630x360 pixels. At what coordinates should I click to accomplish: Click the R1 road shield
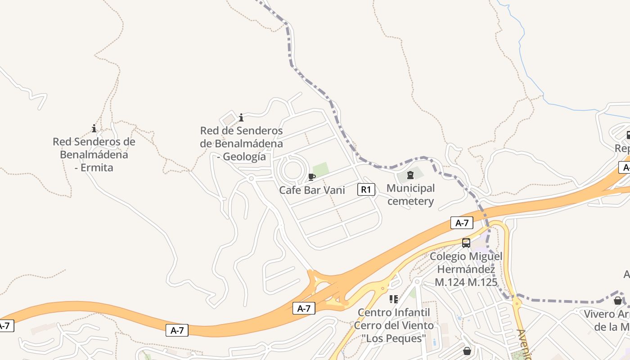(366, 189)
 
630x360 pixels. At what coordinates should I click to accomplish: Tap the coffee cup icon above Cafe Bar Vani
(311, 177)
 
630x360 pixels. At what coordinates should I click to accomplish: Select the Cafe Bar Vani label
(312, 190)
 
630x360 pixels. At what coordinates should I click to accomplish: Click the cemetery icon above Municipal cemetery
(410, 175)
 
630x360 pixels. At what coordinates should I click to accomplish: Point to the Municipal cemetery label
(410, 194)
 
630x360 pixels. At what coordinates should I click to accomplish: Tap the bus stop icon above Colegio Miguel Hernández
(466, 243)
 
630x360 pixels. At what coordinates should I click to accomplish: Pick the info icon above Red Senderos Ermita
(94, 129)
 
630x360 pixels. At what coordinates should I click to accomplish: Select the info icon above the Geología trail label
(241, 117)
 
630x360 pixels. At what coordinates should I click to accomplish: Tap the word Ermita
(94, 167)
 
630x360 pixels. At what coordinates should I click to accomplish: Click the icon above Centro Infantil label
(394, 299)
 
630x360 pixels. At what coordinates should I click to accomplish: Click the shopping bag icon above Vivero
(618, 300)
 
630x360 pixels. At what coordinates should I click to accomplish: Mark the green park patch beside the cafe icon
(320, 169)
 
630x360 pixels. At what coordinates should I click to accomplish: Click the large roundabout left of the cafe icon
(292, 170)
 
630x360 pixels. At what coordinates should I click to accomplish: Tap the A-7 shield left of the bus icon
(462, 222)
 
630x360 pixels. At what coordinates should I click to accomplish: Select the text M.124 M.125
(466, 282)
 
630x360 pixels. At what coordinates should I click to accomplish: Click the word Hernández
(466, 269)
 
